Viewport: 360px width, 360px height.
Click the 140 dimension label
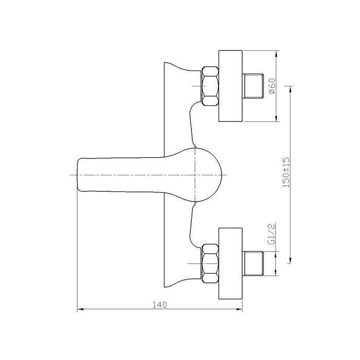(159, 304)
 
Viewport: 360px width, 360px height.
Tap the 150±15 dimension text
(286, 172)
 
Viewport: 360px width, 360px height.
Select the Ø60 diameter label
(272, 86)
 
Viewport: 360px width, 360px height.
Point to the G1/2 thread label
(272, 233)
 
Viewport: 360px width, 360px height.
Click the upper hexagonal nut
(210, 86)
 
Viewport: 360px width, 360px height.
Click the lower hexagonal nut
(210, 263)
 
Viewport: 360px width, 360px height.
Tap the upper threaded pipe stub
(253, 86)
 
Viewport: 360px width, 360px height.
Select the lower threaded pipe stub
(253, 263)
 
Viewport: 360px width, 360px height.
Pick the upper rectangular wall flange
(230, 86)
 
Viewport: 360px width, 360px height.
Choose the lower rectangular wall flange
(230, 263)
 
